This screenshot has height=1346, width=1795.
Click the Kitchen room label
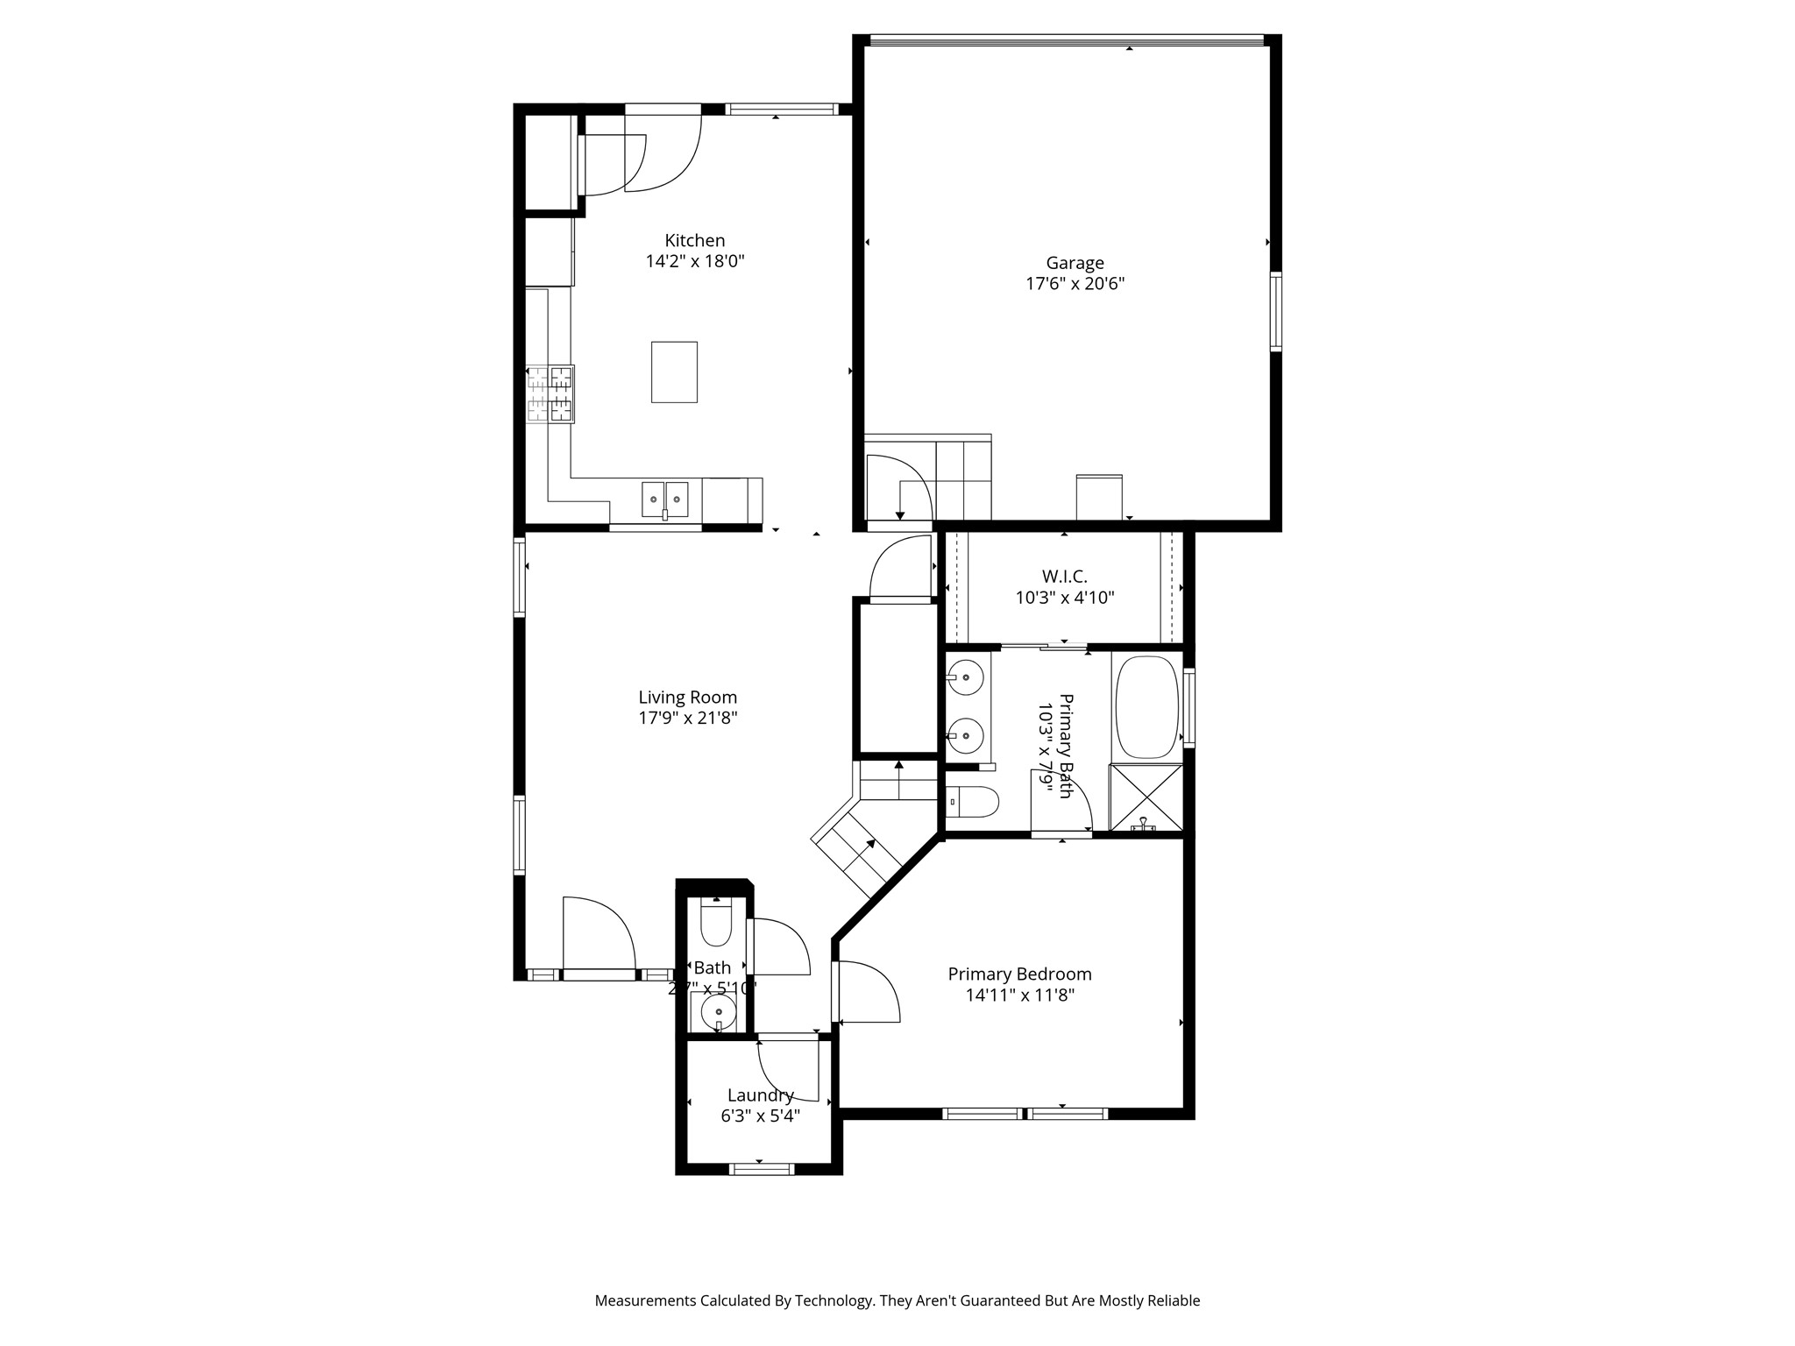[x=694, y=240]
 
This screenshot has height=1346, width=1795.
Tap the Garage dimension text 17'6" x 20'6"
[x=1075, y=284]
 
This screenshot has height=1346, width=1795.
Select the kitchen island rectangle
[x=674, y=372]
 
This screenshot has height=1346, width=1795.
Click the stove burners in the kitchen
[x=550, y=393]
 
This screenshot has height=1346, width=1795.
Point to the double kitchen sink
[x=664, y=499]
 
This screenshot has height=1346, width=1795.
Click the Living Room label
[x=687, y=698]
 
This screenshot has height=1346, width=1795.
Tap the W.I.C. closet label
[x=1064, y=577]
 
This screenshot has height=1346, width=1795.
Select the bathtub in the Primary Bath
[x=1146, y=706]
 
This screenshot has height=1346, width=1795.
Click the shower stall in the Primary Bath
[x=1145, y=797]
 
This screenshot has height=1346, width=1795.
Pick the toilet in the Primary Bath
[x=973, y=801]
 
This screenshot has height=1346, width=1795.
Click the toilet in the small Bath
[x=716, y=925]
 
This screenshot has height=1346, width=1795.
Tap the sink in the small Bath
[x=718, y=1012]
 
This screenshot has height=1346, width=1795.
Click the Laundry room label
[x=760, y=1095]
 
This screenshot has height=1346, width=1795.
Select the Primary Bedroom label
[x=1019, y=974]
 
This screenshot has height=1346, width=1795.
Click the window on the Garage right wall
[x=1275, y=312]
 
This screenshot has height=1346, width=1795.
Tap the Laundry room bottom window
[x=762, y=1168]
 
